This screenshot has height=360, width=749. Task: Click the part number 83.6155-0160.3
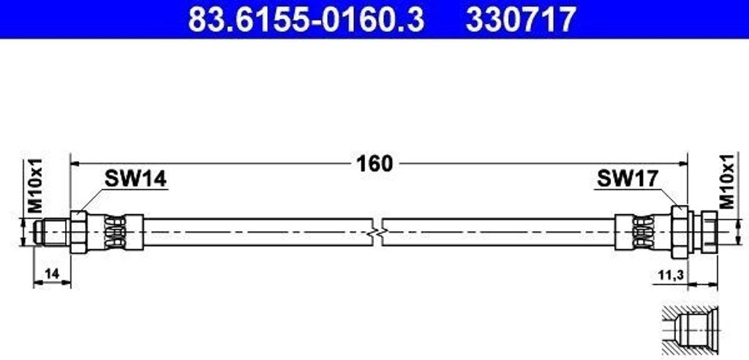[306, 20]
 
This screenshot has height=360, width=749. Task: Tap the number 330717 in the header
[521, 20]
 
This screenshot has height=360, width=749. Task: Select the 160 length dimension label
[374, 164]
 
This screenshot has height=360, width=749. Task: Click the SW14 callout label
[135, 179]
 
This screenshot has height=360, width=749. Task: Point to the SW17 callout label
[628, 179]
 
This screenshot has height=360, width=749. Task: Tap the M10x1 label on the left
[35, 186]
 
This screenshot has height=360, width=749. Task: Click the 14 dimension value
[52, 274]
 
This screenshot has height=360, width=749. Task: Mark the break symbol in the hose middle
[377, 233]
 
